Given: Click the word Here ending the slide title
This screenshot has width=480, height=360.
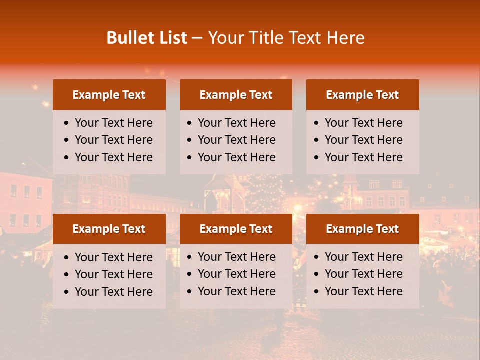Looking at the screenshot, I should click(345, 38).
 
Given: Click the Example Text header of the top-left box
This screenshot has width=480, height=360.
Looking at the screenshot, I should click(109, 95).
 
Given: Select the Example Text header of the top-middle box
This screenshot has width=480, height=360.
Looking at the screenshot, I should click(236, 95).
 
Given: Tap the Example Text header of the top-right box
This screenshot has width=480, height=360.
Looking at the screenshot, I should click(362, 95).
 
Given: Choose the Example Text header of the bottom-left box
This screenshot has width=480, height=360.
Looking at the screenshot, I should click(109, 229).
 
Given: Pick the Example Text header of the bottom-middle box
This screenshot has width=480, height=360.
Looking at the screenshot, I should click(236, 229).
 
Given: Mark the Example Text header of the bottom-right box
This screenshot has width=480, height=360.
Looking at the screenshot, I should click(362, 229).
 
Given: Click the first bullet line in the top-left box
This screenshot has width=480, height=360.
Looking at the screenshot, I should click(113, 123).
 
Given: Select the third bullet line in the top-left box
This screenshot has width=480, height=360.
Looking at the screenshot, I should click(113, 157).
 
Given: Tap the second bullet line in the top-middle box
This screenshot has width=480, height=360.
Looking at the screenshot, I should click(236, 140).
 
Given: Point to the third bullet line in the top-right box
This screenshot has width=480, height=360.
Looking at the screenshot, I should click(363, 157).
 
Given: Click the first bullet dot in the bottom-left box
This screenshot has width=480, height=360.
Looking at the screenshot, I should click(66, 258).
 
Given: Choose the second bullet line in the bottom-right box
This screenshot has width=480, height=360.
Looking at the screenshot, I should click(363, 274).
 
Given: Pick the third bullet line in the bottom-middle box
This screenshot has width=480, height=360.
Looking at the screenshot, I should click(236, 291).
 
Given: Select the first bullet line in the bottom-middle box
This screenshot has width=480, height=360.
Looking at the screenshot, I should click(236, 257).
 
